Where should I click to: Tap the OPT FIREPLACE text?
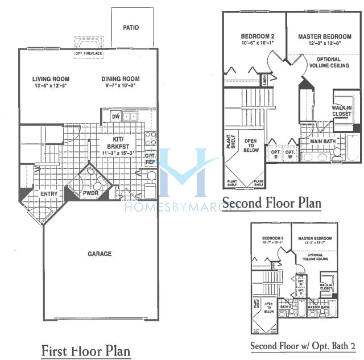click(x=88, y=53)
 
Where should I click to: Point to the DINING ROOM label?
click(x=121, y=79)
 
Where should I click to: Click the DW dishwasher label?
click(x=116, y=117)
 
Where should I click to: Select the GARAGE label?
click(x=100, y=254)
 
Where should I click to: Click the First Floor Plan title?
click(x=86, y=351)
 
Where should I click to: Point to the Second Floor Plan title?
click(x=271, y=202)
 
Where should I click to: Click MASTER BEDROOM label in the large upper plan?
click(x=325, y=37)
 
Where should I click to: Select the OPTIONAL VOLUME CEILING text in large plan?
click(x=325, y=63)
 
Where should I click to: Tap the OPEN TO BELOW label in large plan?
click(x=251, y=146)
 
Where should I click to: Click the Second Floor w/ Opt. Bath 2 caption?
click(x=303, y=346)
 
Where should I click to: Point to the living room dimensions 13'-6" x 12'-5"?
click(x=50, y=86)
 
